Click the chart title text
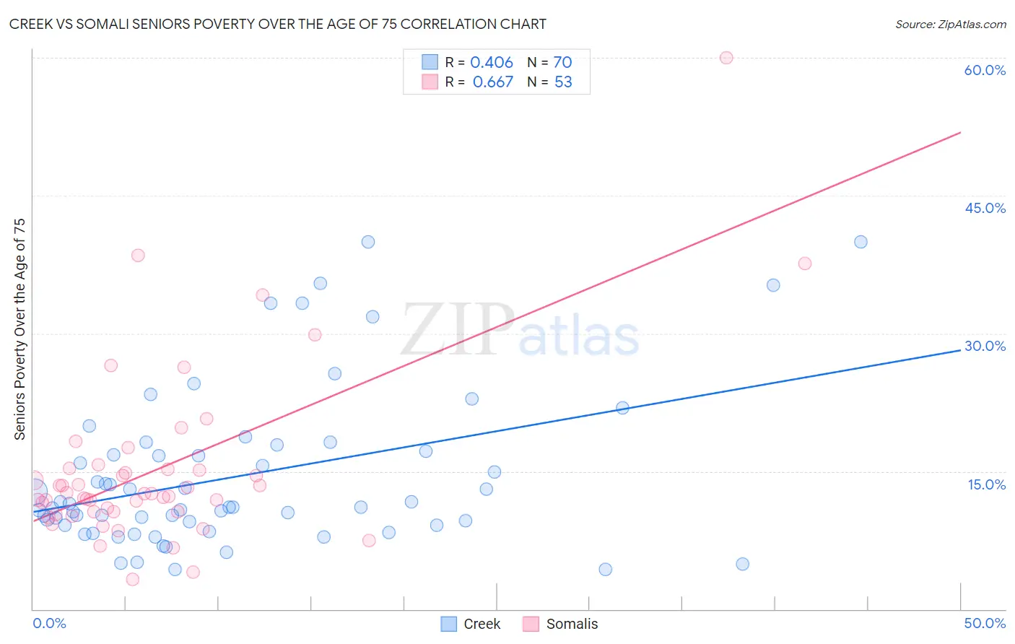click(x=277, y=24)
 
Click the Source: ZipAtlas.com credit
click(x=950, y=24)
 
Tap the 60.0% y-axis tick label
click(x=985, y=70)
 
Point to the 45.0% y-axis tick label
click(x=985, y=208)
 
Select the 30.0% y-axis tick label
click(x=985, y=346)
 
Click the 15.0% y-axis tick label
click(x=986, y=484)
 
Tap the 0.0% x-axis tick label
click(x=49, y=623)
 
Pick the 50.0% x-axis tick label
click(x=985, y=623)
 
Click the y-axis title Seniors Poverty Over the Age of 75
click(x=19, y=329)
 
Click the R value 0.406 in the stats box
click(x=492, y=63)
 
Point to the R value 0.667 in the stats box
click(x=493, y=82)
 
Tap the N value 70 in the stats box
click(x=562, y=63)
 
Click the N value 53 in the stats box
click(x=563, y=82)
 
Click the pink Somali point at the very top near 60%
click(x=726, y=58)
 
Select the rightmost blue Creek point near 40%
click(x=861, y=242)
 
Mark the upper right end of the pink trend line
click(x=960, y=132)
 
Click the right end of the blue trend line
click(x=960, y=349)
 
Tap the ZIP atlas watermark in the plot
click(x=520, y=330)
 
